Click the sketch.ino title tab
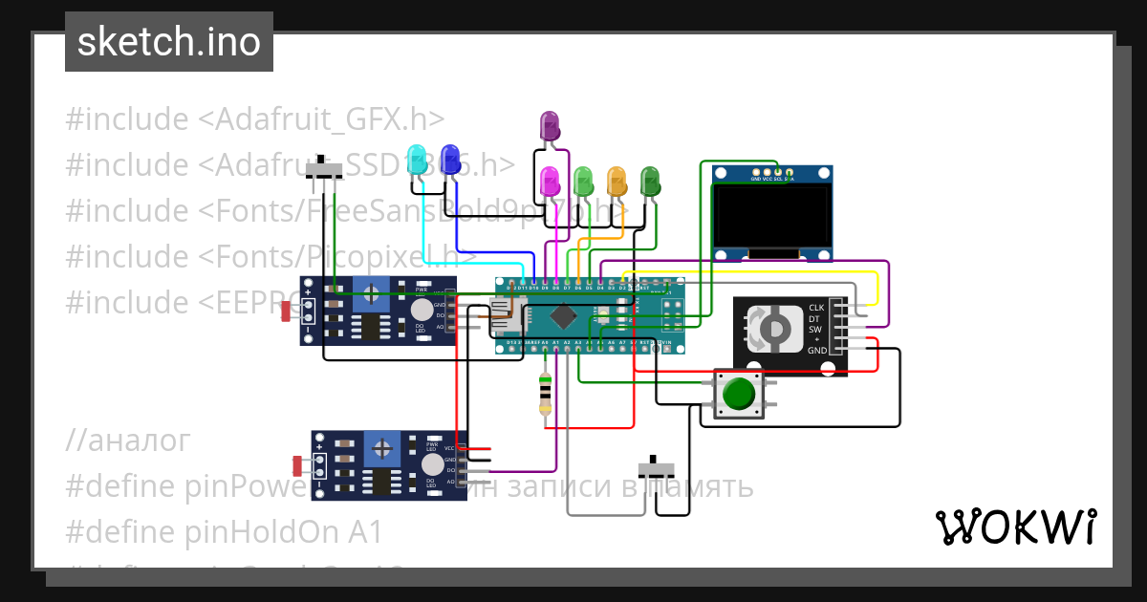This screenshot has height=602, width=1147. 168,42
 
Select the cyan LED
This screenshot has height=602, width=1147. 417,160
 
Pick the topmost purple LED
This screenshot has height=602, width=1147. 550,125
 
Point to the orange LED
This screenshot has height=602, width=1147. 617,180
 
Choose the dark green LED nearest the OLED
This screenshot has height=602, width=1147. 650,180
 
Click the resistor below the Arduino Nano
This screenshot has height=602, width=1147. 545,393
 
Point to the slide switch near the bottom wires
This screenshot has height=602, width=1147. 657,468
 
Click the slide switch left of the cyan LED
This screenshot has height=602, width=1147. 325,170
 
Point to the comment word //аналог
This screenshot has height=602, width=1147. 127,441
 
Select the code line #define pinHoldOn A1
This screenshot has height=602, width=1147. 224,531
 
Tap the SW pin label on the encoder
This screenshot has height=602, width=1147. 815,330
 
